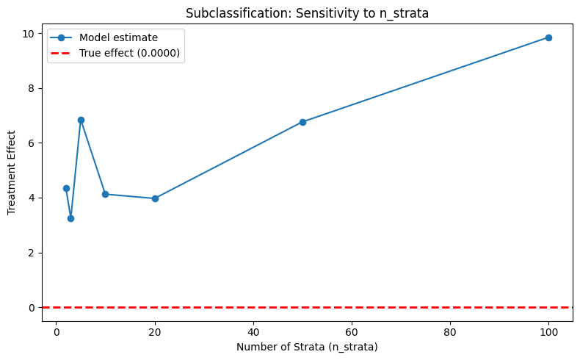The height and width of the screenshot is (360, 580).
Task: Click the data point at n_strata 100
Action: (x=548, y=37)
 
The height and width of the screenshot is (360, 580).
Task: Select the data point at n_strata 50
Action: (x=302, y=122)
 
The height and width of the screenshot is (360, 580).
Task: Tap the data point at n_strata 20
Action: (x=155, y=198)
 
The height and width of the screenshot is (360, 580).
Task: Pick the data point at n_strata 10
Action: (x=105, y=194)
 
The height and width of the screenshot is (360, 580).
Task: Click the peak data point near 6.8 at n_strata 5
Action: (x=81, y=120)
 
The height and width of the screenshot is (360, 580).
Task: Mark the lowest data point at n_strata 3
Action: (x=70, y=218)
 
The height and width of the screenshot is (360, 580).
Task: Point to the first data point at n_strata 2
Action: (x=66, y=188)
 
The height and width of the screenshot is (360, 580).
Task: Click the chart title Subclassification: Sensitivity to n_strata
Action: (x=307, y=12)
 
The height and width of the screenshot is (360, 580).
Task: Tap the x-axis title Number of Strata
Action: (x=307, y=347)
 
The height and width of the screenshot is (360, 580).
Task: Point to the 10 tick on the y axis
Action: (x=31, y=33)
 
